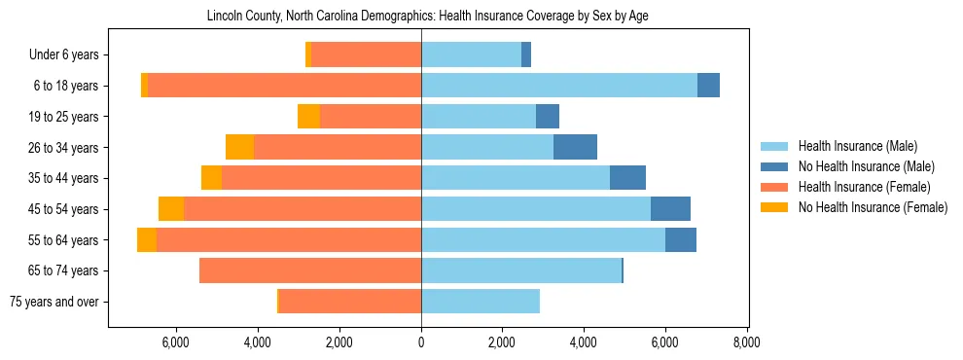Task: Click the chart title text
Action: (428, 17)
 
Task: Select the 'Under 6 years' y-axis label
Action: (69, 55)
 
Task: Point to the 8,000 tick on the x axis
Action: (746, 342)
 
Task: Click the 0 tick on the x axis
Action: (421, 342)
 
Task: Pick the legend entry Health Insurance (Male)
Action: (858, 146)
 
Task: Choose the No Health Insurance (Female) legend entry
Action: (873, 207)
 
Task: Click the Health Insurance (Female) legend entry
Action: (865, 187)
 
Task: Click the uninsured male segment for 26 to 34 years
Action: (575, 148)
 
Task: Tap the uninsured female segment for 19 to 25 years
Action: (308, 117)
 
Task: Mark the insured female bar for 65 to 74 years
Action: (310, 270)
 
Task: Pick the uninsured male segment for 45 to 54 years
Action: (670, 209)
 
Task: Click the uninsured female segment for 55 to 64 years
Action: (147, 240)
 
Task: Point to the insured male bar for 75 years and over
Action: (481, 302)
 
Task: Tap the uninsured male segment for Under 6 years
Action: (526, 55)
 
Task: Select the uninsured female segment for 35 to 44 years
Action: (211, 178)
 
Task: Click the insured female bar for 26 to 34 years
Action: (338, 148)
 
